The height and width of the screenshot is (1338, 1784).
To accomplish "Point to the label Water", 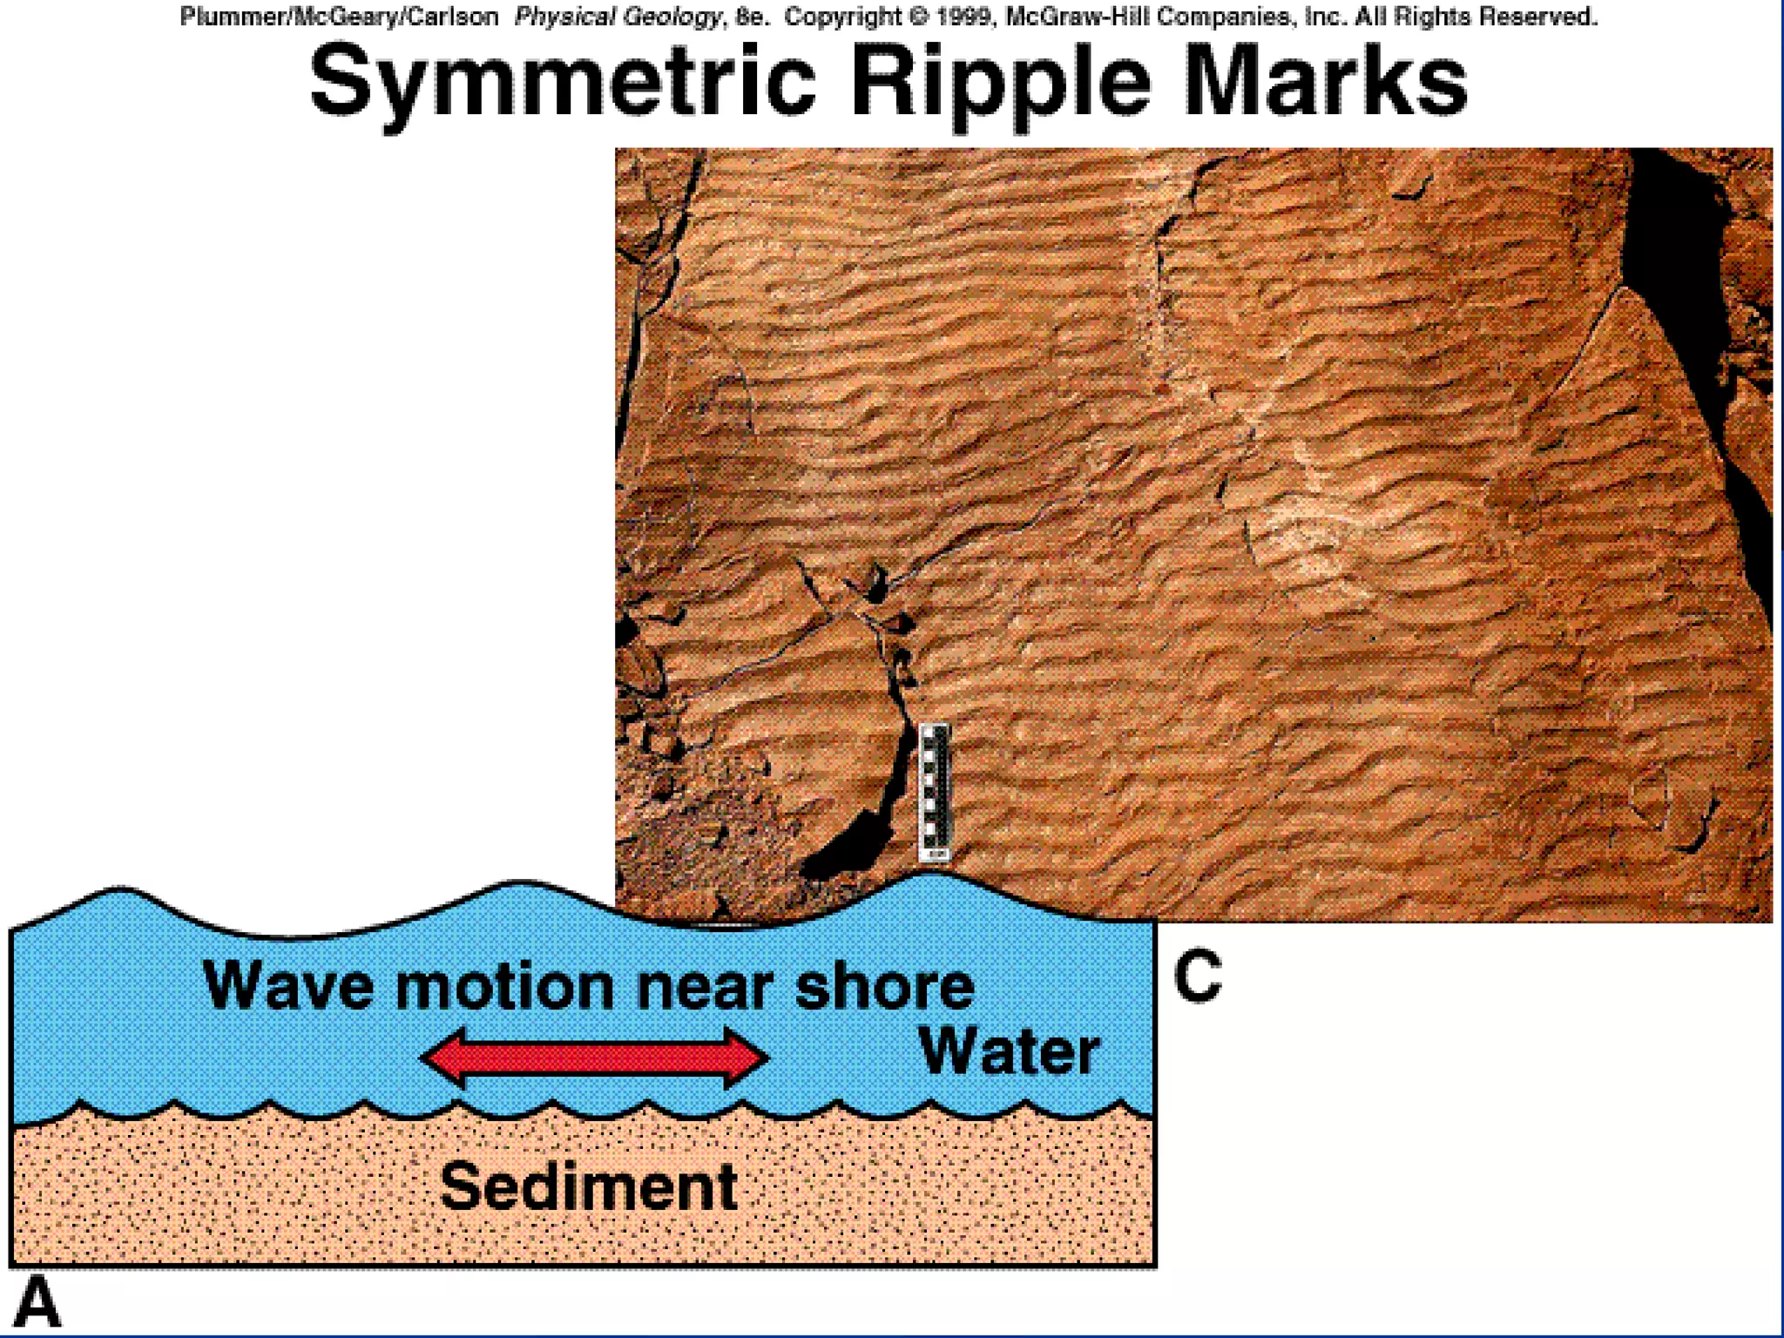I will pos(1009,1052).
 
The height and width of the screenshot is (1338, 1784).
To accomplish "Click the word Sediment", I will pos(589,1186).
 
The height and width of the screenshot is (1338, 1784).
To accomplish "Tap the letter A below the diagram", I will pos(37,1301).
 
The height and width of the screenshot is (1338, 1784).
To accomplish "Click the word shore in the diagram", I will pos(885,986).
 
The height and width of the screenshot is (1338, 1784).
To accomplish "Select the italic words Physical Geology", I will pos(618,17).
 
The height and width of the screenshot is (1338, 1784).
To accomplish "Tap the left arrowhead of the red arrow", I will pos(445,1058).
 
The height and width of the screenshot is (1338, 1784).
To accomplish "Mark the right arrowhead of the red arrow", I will pos(745,1058).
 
